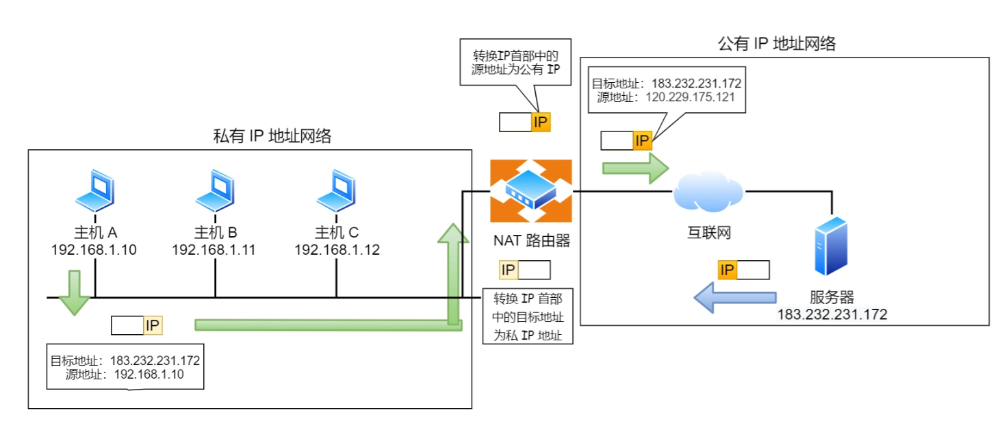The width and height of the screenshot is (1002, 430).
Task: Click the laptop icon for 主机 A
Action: point(94,191)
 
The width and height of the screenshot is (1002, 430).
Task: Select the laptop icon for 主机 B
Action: point(215,191)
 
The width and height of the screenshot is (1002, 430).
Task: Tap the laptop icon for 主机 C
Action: point(336,191)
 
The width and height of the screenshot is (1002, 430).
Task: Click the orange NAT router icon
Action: point(531,191)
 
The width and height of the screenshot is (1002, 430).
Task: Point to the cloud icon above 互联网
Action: point(708,193)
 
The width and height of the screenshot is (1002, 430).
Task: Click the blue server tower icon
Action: point(831,246)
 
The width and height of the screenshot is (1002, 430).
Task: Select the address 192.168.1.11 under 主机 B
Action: point(214,250)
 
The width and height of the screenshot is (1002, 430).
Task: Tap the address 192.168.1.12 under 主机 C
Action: point(337,250)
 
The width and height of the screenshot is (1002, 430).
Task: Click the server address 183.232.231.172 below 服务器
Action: point(832,315)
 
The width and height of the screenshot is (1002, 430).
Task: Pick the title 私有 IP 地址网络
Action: point(272,136)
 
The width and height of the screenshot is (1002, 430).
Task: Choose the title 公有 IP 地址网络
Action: point(777,45)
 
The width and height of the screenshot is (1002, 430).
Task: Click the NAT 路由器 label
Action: point(531,240)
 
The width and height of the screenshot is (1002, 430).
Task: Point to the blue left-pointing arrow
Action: point(735,298)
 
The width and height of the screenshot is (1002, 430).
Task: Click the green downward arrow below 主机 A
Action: point(74,292)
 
